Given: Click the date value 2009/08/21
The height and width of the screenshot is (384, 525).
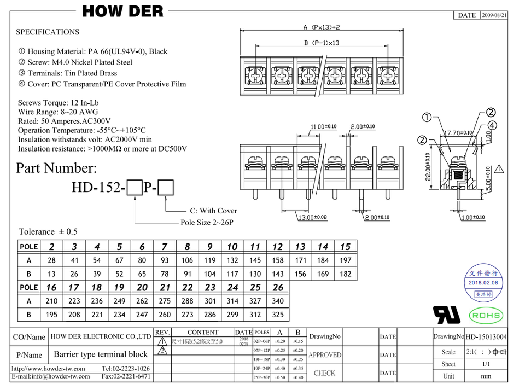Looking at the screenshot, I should tap(494, 15).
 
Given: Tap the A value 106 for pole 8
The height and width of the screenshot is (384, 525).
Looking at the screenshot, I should tap(187, 260).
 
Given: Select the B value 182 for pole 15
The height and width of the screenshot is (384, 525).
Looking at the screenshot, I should tap(345, 274).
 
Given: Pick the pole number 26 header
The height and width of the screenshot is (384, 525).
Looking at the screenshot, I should tap(278, 288).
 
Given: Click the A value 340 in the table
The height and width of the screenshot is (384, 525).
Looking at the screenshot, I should tap(278, 301).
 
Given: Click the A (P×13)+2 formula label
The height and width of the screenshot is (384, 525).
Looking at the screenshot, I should tap(322, 27).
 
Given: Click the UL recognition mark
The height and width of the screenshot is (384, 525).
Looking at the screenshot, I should tap(447, 315).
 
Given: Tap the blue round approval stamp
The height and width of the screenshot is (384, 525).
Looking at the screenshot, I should tap(483, 282).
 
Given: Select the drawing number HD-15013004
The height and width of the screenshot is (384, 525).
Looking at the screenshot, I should tap(486, 337).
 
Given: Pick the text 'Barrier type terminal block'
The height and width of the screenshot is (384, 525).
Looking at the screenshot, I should tap(101, 354).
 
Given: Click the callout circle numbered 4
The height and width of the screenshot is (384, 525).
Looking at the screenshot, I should tap(492, 125).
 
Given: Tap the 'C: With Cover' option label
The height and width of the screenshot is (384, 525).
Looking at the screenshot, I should tap(213, 211).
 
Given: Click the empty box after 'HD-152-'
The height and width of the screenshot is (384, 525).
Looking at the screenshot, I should tap(135, 188).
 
